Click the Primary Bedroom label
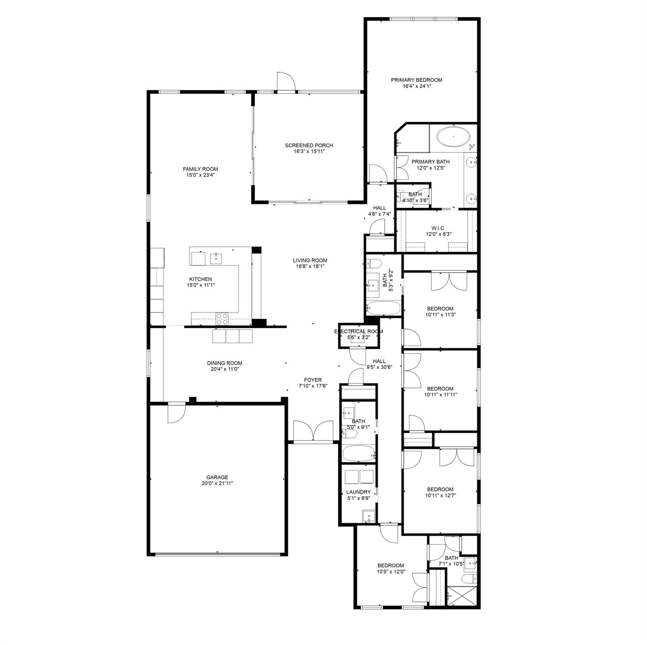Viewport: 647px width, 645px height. [416, 80]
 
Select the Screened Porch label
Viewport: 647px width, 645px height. [309, 145]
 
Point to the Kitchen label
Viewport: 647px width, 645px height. [200, 279]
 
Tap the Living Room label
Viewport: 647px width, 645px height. [310, 260]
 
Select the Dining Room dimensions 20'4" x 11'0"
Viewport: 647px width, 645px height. [224, 369]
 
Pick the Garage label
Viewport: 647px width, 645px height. [217, 477]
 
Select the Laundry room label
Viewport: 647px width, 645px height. [358, 492]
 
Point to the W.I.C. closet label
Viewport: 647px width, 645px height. [438, 228]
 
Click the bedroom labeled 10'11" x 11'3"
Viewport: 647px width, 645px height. [440, 311]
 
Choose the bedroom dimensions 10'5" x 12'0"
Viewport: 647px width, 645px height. [390, 571]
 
